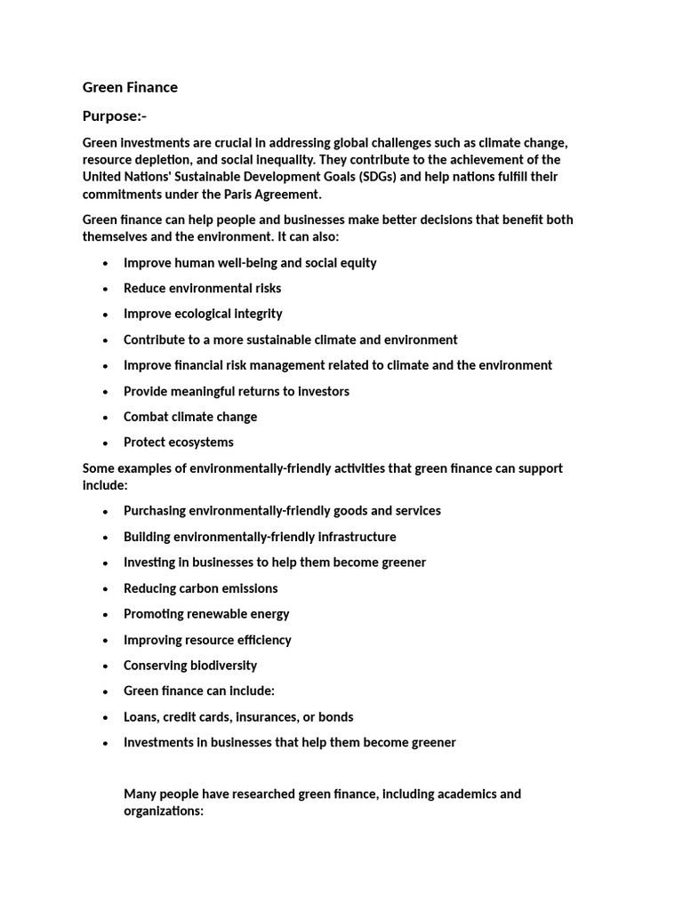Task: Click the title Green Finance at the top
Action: pos(130,87)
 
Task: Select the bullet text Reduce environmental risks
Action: pos(202,288)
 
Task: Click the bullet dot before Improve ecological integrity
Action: pos(106,315)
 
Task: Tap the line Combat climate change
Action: pos(190,417)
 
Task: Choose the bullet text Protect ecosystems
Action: pos(179,443)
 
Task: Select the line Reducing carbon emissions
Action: pos(200,588)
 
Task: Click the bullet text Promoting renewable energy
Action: pos(206,614)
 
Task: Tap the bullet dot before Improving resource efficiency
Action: pos(106,641)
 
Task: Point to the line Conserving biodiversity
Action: pos(190,666)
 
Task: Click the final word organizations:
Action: pos(165,811)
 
